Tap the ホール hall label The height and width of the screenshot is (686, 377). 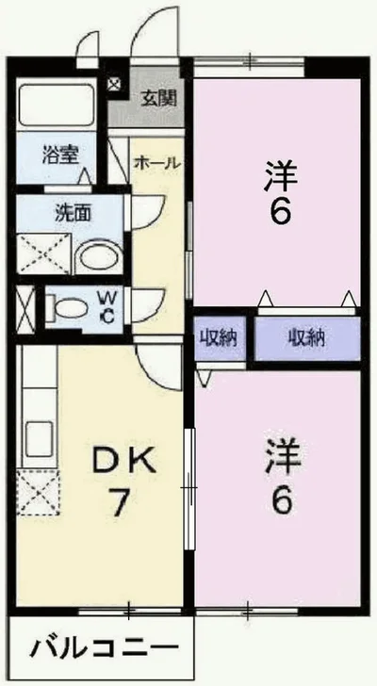click(x=156, y=162)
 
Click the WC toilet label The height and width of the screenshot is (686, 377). click(x=107, y=308)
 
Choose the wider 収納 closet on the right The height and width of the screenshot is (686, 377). click(x=307, y=337)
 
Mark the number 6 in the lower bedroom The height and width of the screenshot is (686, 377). click(x=280, y=500)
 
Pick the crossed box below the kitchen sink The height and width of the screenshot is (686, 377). click(x=41, y=490)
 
